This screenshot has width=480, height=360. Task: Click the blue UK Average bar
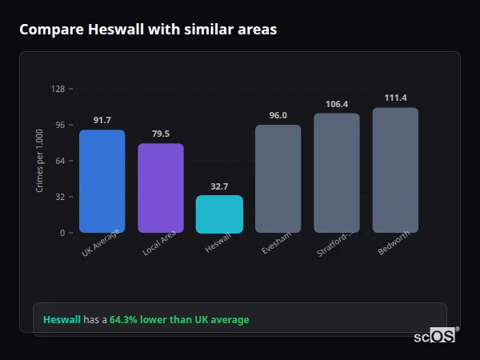coord(102,181)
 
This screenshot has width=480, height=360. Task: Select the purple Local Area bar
coord(161,188)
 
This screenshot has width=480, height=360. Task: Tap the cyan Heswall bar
coord(219,214)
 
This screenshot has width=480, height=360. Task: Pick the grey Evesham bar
coord(278,178)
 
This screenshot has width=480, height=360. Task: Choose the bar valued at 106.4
coord(337,173)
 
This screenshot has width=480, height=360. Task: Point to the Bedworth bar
coord(395,170)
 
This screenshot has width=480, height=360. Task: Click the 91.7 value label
coord(102,120)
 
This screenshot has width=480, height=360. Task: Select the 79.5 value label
coord(161,134)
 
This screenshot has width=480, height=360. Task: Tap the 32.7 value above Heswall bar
coord(219,186)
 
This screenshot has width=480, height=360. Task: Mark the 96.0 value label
coord(278,115)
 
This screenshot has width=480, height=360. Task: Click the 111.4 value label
coord(395,98)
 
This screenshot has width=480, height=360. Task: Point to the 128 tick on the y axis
coord(58,89)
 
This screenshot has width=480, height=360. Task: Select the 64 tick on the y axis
coord(60,161)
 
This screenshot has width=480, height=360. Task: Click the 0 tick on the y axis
coord(62,233)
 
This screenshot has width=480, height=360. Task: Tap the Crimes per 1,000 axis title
coord(40,161)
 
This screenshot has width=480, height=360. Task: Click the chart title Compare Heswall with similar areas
coord(148,30)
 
